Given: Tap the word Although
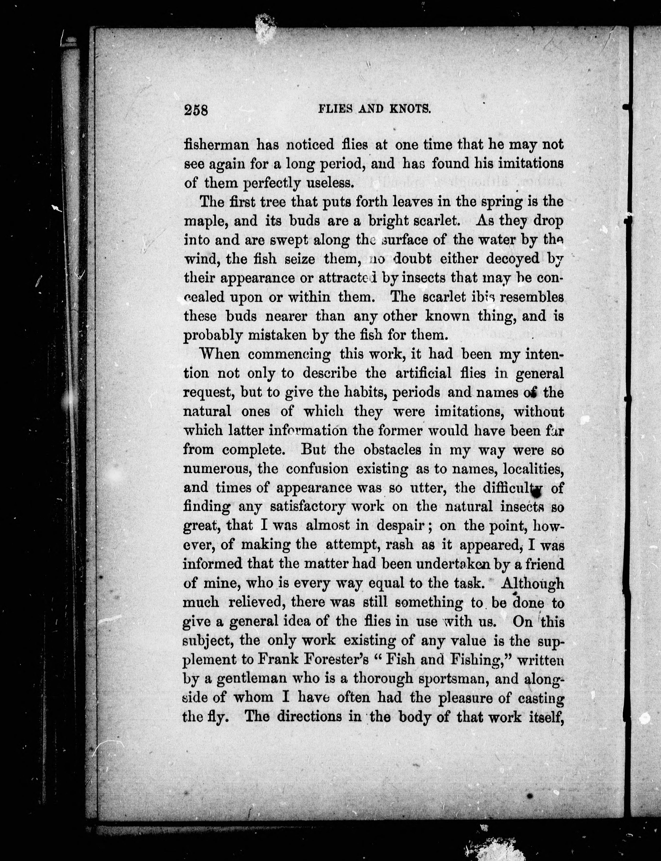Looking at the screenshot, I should (x=533, y=583).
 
